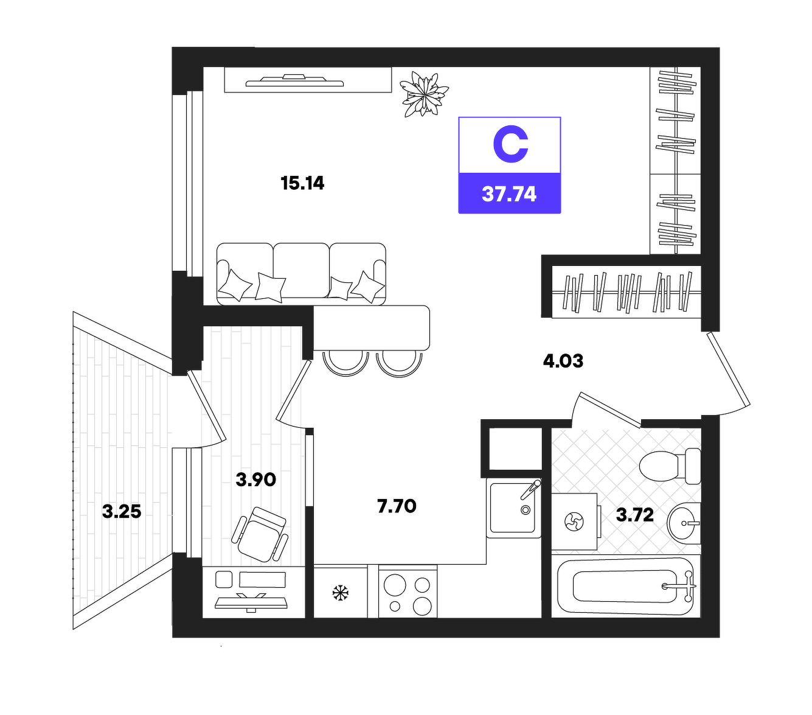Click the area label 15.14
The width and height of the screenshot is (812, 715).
point(302,183)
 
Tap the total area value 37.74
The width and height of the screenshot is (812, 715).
point(509,194)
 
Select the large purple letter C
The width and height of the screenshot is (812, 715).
point(510,144)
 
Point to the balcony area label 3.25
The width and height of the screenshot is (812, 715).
point(122,512)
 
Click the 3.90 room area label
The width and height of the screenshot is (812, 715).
point(255,480)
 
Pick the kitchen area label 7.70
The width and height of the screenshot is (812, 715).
point(397,506)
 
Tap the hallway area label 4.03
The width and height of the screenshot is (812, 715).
point(563,361)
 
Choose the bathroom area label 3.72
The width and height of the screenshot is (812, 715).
point(635,515)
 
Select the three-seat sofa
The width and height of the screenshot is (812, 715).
point(301,273)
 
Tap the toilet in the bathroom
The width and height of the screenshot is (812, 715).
point(670,466)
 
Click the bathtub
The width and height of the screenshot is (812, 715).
point(626,586)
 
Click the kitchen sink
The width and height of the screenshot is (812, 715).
point(514,507)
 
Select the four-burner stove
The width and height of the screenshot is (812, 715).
point(408,591)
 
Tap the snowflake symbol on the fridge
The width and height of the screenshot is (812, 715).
point(340,593)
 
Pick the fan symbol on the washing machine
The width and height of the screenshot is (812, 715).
point(574,522)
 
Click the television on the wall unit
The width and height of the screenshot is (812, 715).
point(294,80)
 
